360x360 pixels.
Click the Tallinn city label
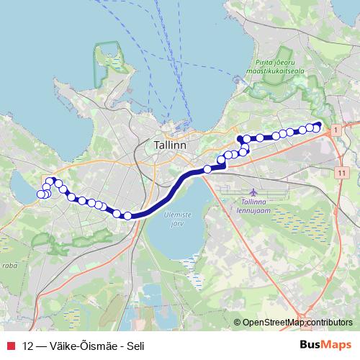[x=170, y=145]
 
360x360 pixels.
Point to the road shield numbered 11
[x=341, y=174]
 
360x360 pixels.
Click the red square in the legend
[x=10, y=345]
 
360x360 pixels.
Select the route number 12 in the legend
[x=28, y=345]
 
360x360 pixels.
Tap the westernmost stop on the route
[x=40, y=194]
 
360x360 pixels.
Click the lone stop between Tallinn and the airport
[x=207, y=169]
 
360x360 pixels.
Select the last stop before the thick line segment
[x=127, y=215]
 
